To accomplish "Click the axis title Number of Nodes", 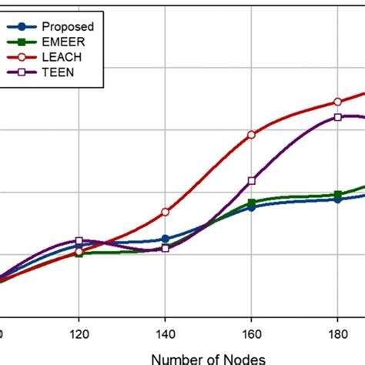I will point(208,357).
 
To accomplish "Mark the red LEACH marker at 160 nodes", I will point(251,135).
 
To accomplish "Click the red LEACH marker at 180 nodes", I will point(337,102).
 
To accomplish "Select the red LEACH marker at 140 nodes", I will point(165,212).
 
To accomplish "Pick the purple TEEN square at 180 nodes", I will point(337,117).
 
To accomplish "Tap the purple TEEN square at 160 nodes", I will point(251,181).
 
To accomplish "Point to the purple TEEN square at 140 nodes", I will point(165,248).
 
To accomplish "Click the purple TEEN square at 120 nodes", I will point(79,241).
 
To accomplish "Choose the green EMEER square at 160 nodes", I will point(251,203).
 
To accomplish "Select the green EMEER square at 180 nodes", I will point(337,195).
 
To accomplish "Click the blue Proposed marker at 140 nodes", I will point(165,239).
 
